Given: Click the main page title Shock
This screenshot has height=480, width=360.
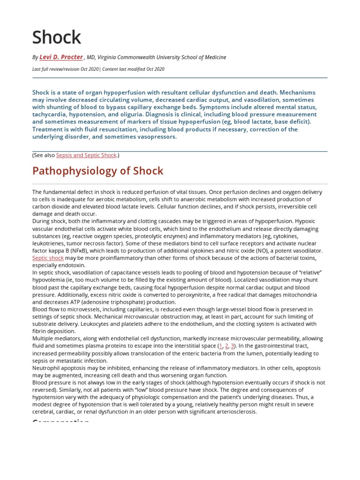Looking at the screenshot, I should [57, 37].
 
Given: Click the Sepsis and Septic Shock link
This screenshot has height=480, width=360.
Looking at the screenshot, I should [86, 155].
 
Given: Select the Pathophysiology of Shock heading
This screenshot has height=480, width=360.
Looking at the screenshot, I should [98, 171].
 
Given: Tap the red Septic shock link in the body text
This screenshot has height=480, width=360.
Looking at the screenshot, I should [48, 258].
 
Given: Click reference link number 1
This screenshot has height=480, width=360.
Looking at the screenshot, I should [221, 346].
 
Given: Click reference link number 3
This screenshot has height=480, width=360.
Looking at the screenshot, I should [232, 346].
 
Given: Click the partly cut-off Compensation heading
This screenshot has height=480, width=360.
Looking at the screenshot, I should [61, 421].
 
